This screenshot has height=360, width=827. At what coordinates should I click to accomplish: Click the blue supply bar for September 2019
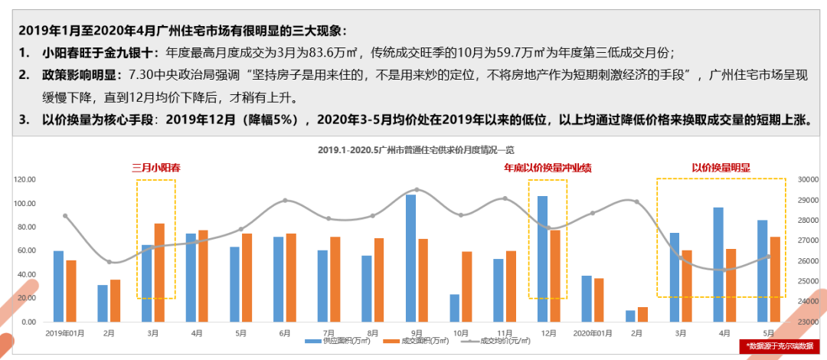pyautogui.click(x=410, y=258)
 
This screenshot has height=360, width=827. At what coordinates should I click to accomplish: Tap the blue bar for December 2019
pyautogui.click(x=543, y=259)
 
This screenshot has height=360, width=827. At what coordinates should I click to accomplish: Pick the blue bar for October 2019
pyautogui.click(x=455, y=308)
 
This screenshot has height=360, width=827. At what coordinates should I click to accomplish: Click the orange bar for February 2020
pyautogui.click(x=642, y=314)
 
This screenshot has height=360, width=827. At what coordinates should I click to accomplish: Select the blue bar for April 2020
pyautogui.click(x=718, y=264)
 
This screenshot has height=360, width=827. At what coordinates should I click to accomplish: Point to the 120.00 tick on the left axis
pyautogui.click(x=26, y=179)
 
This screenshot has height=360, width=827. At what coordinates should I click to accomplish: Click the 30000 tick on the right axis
pyautogui.click(x=808, y=179)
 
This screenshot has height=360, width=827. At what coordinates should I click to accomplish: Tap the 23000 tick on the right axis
pyautogui.click(x=808, y=322)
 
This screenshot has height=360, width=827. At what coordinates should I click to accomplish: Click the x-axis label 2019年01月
pyautogui.click(x=65, y=333)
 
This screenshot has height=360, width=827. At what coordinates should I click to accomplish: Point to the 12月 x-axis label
pyautogui.click(x=548, y=333)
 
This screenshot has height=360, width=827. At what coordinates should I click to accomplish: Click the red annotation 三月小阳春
pyautogui.click(x=155, y=168)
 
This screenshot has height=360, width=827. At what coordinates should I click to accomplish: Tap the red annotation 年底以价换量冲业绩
pyautogui.click(x=548, y=168)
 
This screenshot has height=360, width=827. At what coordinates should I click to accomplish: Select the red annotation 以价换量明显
pyautogui.click(x=721, y=168)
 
